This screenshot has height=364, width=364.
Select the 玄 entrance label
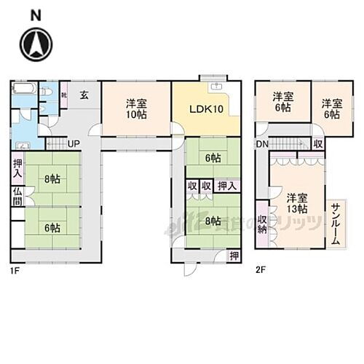[x=84, y=93]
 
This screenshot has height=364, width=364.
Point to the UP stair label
[x=74, y=143]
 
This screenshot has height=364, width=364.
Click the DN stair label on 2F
[x=261, y=144]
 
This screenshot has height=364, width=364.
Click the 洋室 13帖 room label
[x=295, y=203]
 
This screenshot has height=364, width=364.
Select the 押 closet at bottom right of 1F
[x=232, y=256]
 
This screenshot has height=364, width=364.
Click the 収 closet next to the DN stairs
[x=319, y=144]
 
